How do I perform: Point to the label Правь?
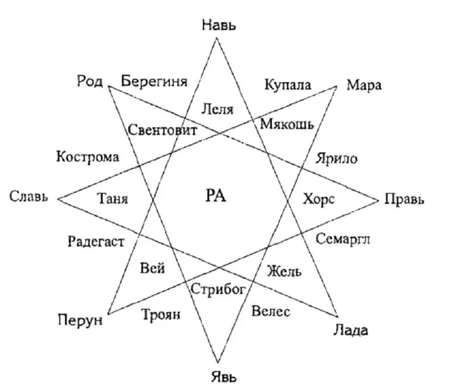[x=405, y=200]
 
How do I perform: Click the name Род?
[x=89, y=80]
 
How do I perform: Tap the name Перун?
[x=80, y=320]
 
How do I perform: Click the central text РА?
[x=215, y=196]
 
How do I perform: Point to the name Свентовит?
[x=162, y=130]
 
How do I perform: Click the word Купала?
[x=288, y=85]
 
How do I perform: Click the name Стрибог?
[x=218, y=289]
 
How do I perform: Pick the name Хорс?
[x=318, y=199]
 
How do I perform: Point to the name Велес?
[x=271, y=312]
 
